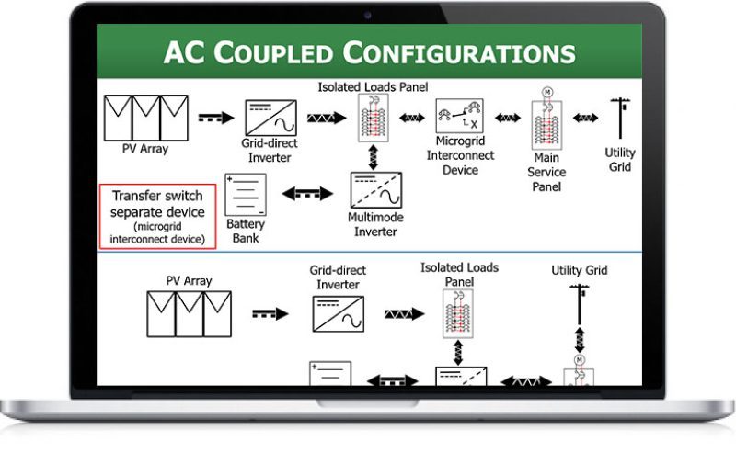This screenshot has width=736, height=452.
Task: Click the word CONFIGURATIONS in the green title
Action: click(458, 52)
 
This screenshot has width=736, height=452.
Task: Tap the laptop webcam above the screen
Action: click(367, 16)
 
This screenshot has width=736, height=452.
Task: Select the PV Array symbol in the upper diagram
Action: click(146, 119)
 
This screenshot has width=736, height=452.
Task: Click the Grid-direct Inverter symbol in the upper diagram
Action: click(270, 119)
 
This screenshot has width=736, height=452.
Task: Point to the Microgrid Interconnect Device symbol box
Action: click(459, 116)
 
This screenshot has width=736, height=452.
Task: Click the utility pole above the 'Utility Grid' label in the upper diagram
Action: click(620, 119)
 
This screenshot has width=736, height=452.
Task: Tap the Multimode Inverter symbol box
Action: click(376, 190)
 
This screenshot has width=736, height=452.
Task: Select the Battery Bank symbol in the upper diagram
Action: click(246, 195)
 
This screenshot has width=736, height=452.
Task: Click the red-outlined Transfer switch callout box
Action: click(157, 216)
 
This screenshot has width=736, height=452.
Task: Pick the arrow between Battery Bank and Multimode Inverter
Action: click(307, 194)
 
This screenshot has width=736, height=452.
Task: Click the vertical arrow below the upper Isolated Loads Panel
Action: click(374, 157)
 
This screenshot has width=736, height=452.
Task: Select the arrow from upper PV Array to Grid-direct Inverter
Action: click(216, 118)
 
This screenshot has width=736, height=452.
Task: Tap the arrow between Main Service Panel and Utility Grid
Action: click(585, 118)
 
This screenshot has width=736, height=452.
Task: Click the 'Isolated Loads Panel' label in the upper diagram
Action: click(374, 86)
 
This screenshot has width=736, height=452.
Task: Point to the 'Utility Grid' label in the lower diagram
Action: click(580, 270)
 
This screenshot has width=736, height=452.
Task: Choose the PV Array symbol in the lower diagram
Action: click(190, 314)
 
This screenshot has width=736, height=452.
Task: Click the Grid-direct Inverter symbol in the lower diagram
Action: click(338, 314)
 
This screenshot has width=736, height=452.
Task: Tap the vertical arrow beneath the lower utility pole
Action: click(580, 340)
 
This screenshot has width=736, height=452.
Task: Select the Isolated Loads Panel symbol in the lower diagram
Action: click(457, 313)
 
